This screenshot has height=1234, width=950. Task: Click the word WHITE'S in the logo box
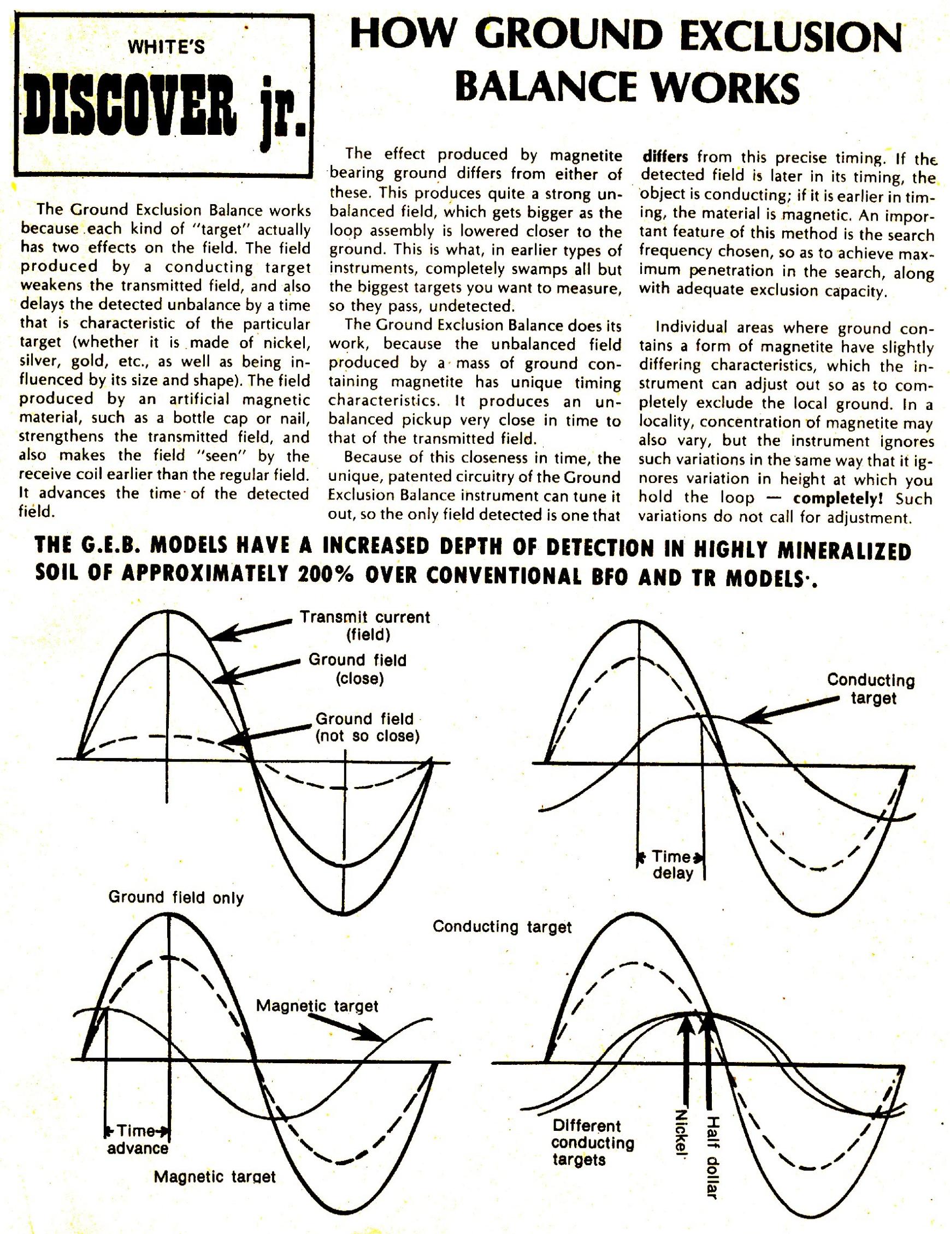[x=166, y=47]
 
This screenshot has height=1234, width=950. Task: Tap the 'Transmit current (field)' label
[x=365, y=625]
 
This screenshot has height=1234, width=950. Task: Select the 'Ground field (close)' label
[x=357, y=669]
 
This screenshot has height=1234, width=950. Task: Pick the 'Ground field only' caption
[x=176, y=897]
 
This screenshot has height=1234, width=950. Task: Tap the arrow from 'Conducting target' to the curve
[x=789, y=711]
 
